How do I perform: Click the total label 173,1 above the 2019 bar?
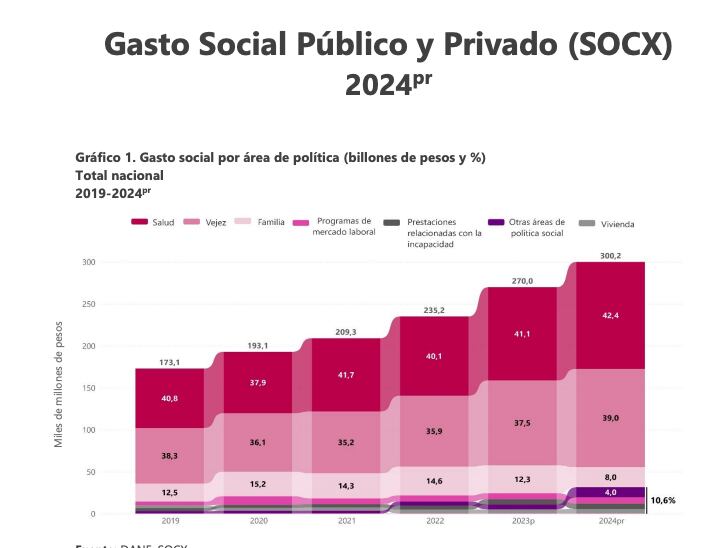tap(169, 362)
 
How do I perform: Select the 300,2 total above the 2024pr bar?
tap(610, 256)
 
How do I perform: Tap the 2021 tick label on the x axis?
tap(345, 521)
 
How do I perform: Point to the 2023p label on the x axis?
tap(522, 521)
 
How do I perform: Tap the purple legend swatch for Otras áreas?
tap(495, 222)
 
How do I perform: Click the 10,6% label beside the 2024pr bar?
tap(663, 500)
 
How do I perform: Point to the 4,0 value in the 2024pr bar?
tap(610, 492)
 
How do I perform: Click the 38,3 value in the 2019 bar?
tap(169, 455)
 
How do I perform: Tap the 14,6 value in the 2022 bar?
tap(433, 481)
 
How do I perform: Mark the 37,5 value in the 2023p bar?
tap(522, 423)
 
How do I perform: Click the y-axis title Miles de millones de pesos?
tap(59, 384)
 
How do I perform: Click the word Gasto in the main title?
tap(149, 45)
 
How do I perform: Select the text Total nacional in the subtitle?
tap(119, 175)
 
